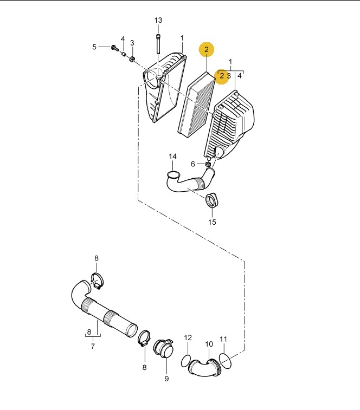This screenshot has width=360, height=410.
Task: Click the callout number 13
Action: [158, 20]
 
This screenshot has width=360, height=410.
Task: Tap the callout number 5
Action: [94, 47]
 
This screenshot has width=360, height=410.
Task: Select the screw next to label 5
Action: [115, 48]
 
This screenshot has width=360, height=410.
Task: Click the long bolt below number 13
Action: [158, 44]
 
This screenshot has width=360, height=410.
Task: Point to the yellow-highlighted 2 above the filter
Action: [207, 49]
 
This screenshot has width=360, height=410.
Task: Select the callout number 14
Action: [172, 157]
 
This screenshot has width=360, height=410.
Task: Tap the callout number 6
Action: [192, 164]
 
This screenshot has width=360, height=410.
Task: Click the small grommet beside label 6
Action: [208, 164]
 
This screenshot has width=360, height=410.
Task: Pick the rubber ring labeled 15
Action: [212, 200]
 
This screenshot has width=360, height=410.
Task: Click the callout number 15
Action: [212, 222]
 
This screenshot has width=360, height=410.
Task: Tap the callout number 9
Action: [167, 379]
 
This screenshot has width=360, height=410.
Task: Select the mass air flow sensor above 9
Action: [164, 348]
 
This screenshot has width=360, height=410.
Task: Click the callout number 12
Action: [188, 337]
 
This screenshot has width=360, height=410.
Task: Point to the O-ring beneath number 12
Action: [186, 361]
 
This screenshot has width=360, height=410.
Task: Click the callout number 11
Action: [223, 339]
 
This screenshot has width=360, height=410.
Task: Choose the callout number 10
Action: [209, 344]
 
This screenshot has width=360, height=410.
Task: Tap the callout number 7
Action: [93, 346]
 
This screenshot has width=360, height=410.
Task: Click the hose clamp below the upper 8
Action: [97, 281]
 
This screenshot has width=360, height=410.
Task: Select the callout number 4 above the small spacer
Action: [123, 39]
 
